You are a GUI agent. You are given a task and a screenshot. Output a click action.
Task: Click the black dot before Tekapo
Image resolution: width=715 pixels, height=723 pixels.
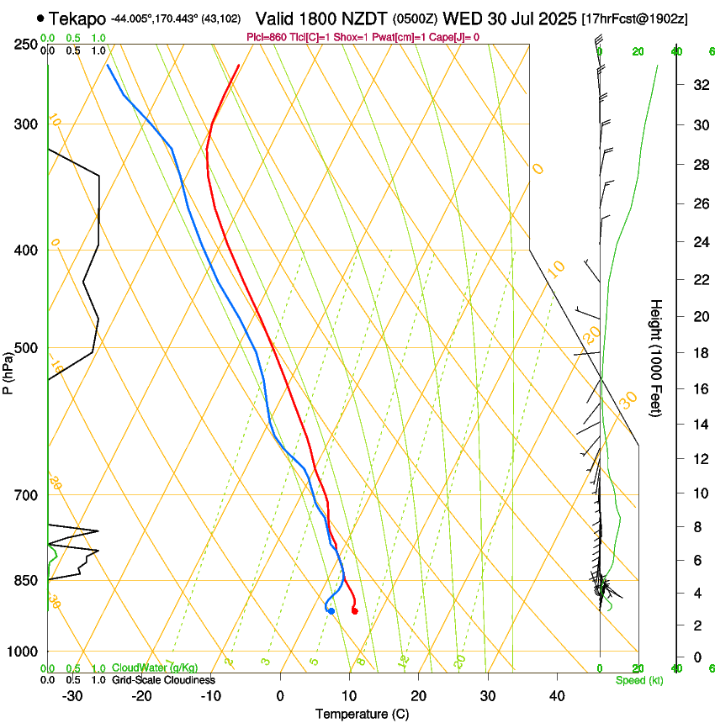tap(40, 18)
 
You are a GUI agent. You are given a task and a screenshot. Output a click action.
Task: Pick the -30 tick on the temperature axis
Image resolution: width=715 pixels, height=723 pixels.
tap(72, 696)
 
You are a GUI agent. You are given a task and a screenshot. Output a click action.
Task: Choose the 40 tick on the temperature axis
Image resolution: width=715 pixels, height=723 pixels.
tap(556, 696)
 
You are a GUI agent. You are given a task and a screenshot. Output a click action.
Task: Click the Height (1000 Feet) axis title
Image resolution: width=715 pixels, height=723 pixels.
tap(656, 357)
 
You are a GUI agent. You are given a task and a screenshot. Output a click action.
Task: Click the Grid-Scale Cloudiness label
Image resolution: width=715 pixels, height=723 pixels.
tap(163, 679)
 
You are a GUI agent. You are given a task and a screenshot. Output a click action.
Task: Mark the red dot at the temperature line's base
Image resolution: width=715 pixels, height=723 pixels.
tap(354, 611)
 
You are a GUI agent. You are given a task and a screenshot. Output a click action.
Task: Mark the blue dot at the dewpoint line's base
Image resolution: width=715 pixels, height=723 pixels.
tap(331, 611)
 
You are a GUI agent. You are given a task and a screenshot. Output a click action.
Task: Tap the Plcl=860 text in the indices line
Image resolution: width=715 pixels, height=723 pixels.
tap(266, 37)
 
